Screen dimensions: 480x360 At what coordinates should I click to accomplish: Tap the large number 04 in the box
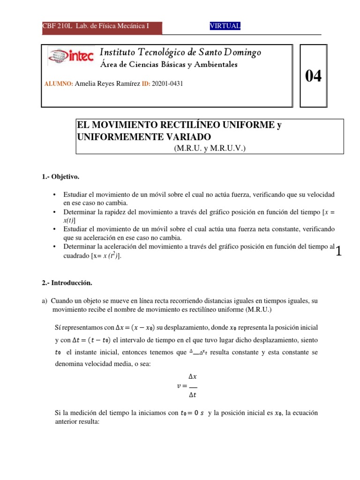pyautogui.click(x=314, y=76)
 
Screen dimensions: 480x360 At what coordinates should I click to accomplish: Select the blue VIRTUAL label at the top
pyautogui.click(x=225, y=26)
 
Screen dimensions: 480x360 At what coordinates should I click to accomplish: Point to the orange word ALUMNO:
pyautogui.click(x=59, y=83)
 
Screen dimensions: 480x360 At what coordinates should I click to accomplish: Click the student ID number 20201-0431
pyautogui.click(x=167, y=83)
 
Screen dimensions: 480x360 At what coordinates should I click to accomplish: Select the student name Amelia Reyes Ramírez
pyautogui.click(x=107, y=83)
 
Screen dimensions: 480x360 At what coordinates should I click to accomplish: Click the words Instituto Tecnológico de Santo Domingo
pyautogui.click(x=180, y=52)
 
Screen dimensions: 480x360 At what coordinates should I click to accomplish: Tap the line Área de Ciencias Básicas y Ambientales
pyautogui.click(x=169, y=64)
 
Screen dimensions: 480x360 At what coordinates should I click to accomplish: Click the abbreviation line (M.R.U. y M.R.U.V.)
pyautogui.click(x=210, y=148)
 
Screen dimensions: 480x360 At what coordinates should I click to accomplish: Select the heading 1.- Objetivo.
pyautogui.click(x=60, y=177)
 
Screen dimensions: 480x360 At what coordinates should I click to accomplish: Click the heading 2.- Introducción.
pyautogui.click(x=67, y=283)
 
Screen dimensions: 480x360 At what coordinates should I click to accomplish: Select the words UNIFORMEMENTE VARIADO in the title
pyautogui.click(x=144, y=137)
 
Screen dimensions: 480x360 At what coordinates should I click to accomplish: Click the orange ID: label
pyautogui.click(x=146, y=83)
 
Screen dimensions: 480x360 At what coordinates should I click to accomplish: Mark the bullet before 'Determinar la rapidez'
pyautogui.click(x=55, y=212)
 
